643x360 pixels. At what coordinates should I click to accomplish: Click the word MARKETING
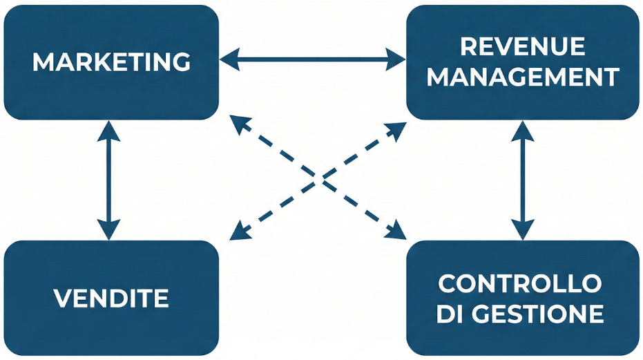pos(111,62)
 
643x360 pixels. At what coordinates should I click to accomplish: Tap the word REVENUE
pos(522,47)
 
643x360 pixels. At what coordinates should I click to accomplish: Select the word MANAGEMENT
pos(522,77)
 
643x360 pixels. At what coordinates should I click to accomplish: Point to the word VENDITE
pos(111,299)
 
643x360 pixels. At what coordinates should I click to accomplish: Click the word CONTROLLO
pos(519,283)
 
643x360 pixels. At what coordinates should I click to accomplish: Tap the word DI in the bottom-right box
pos(450,314)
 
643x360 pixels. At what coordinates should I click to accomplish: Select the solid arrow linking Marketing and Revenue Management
pos(312,60)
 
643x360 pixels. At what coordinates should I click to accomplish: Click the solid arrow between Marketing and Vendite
pos(108,180)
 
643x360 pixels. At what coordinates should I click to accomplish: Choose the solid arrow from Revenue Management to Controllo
pos(523,180)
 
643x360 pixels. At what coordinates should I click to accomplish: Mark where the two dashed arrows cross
pos(319,179)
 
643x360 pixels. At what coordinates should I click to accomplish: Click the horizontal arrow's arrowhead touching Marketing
pos(229,60)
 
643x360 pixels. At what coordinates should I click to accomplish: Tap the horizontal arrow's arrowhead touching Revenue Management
pos(396,60)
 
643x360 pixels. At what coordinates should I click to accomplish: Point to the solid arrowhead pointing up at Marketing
pos(108,131)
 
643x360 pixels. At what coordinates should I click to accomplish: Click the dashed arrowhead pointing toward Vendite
pos(238,231)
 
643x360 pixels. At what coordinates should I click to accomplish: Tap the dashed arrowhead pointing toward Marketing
pos(238,125)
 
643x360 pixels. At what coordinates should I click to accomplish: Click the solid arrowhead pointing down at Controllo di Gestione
pos(523,230)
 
